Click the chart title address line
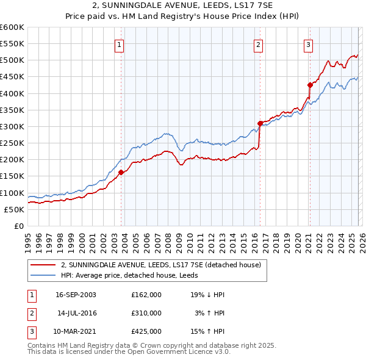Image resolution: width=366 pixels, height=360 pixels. pyautogui.click(x=183, y=7)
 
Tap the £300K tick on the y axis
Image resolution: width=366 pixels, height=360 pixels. pyautogui.click(x=12, y=126)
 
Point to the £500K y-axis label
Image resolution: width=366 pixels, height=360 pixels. pyautogui.click(x=12, y=60)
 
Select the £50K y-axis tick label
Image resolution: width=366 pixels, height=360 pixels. pyautogui.click(x=14, y=209)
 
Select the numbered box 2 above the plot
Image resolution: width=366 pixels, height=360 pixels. pyautogui.click(x=259, y=45)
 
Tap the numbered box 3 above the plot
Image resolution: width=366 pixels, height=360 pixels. pyautogui.click(x=309, y=45)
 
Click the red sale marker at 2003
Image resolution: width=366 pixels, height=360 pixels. pyautogui.click(x=121, y=172)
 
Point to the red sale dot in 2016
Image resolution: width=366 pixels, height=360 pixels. pyautogui.click(x=260, y=123)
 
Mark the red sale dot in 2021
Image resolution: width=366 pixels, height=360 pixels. pyautogui.click(x=309, y=85)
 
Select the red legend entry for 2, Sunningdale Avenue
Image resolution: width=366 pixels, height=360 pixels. pyautogui.click(x=161, y=265)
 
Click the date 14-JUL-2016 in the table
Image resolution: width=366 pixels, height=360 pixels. pyautogui.click(x=76, y=312)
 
